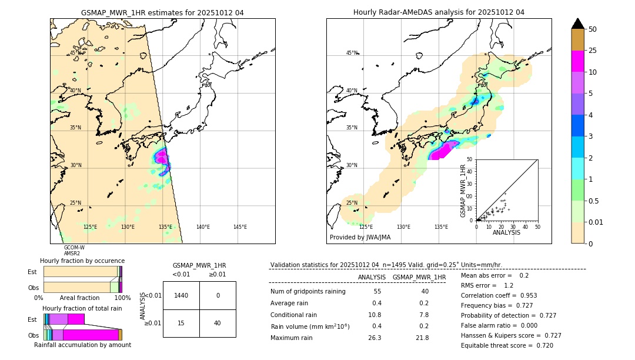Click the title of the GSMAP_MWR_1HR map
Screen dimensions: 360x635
162,12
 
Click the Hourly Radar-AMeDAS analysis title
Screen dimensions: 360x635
439,12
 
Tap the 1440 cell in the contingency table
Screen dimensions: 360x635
181,295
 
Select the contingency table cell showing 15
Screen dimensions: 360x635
181,323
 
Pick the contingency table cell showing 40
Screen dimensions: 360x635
218,323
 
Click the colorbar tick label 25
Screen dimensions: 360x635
593,51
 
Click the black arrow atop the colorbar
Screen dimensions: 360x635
578,24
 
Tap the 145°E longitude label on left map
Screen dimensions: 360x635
240,227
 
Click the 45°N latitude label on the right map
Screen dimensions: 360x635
352,53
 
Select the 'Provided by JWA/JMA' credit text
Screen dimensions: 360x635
360,238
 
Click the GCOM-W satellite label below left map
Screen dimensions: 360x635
74,248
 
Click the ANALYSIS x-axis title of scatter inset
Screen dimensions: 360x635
506,232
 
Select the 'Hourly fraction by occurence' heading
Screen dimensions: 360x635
82,261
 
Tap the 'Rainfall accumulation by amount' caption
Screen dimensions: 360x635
82,345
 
